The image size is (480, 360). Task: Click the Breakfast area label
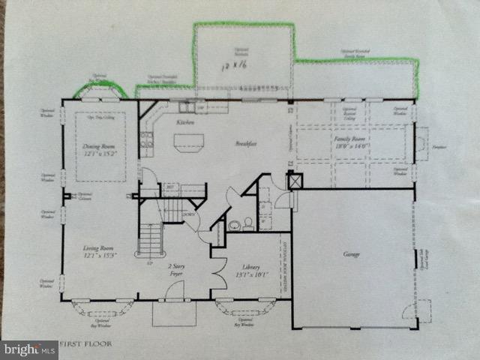247,142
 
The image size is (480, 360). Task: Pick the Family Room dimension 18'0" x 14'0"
352,148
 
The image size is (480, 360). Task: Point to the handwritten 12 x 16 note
235,67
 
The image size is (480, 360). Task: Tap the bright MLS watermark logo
29,349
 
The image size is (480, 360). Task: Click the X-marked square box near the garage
293,181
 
